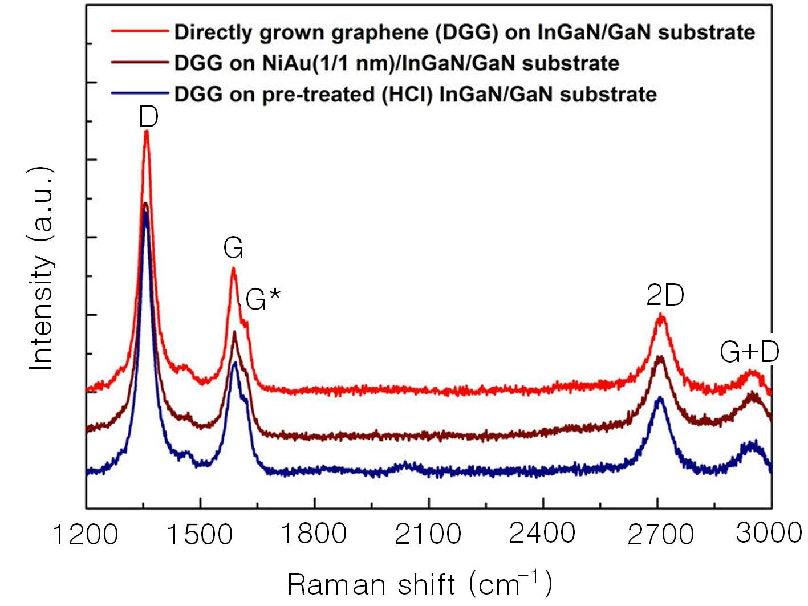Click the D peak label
point(149,117)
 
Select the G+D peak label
point(749,352)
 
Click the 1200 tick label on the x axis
point(86,534)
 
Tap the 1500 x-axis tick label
point(200,534)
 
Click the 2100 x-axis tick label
point(428,534)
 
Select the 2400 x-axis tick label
point(542,534)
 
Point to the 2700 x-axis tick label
point(660,535)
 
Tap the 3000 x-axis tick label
point(769,533)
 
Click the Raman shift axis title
point(420,584)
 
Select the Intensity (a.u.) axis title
point(41,269)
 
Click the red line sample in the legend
point(140,31)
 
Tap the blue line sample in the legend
point(140,93)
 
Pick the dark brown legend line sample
point(140,62)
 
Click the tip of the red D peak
point(147,131)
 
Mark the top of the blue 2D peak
point(660,397)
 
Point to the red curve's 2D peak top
point(661,314)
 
